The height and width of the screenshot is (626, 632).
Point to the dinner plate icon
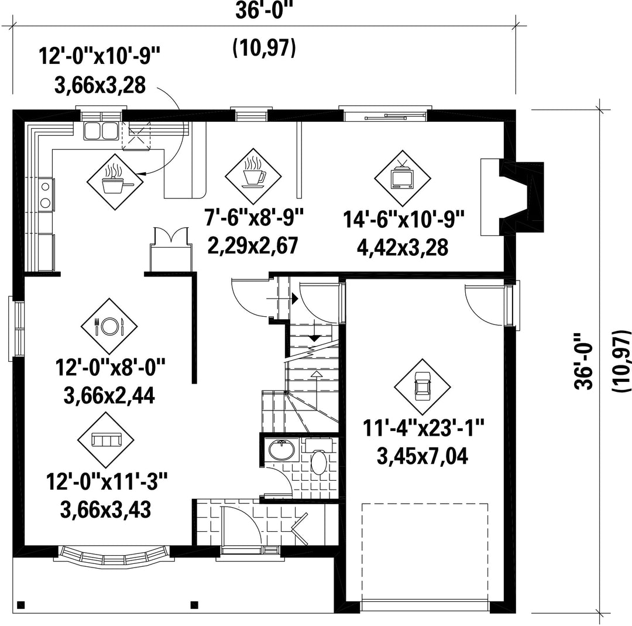pos(109,326)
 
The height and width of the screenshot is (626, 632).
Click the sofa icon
pos(106,440)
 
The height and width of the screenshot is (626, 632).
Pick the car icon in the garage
pos(423,386)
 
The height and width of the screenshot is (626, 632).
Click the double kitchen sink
pos(101,131)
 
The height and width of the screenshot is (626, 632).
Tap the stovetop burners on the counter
pos(46,194)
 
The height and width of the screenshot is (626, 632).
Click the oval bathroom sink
pos(281,450)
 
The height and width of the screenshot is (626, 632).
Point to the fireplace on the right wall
pos(512,197)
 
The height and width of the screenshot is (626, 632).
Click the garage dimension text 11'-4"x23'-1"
pos(424,428)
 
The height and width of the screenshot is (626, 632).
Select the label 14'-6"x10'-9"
pos(404,220)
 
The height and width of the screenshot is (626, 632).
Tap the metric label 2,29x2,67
pos(253,245)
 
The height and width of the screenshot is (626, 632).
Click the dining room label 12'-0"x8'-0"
pos(111,368)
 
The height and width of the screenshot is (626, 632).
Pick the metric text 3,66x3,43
pos(105,509)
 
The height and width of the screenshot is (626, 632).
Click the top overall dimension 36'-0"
pos(263,11)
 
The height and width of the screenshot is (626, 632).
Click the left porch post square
pos(22,605)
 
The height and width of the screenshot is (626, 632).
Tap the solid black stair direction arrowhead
pos(295,299)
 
